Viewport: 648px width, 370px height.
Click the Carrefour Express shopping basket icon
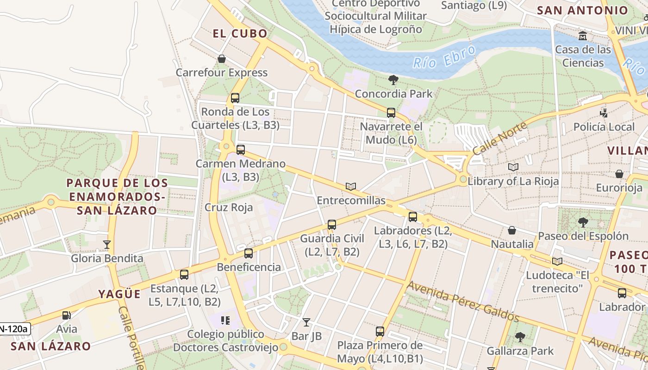pyautogui.click(x=222, y=59)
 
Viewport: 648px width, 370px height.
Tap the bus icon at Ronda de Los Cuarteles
pyautogui.click(x=235, y=98)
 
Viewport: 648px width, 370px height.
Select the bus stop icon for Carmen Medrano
pyautogui.click(x=241, y=150)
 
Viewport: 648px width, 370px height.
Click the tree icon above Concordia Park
pyautogui.click(x=393, y=80)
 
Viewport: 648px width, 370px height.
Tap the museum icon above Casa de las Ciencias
pyautogui.click(x=583, y=36)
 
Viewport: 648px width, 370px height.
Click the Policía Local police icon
pyautogui.click(x=604, y=113)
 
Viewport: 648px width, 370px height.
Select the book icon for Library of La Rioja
pyautogui.click(x=513, y=167)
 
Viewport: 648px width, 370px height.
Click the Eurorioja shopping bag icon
pyautogui.click(x=619, y=174)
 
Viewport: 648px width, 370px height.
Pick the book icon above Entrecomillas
pyautogui.click(x=351, y=186)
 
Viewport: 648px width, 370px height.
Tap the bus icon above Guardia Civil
pyautogui.click(x=332, y=225)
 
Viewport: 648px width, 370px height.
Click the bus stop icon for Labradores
pyautogui.click(x=413, y=216)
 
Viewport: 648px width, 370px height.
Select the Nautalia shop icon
pyautogui.click(x=512, y=230)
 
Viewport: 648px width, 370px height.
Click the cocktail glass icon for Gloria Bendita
pyautogui.click(x=107, y=244)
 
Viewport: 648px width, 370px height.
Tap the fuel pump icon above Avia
pyautogui.click(x=67, y=315)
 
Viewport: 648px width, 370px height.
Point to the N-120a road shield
pyautogui.click(x=14, y=329)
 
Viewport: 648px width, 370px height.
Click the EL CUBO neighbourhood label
pyautogui.click(x=240, y=33)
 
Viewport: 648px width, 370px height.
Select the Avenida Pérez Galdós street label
pyautogui.click(x=463, y=301)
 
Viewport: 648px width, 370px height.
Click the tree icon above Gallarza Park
pyautogui.click(x=520, y=337)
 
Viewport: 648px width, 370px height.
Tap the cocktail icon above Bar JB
pyautogui.click(x=306, y=322)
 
